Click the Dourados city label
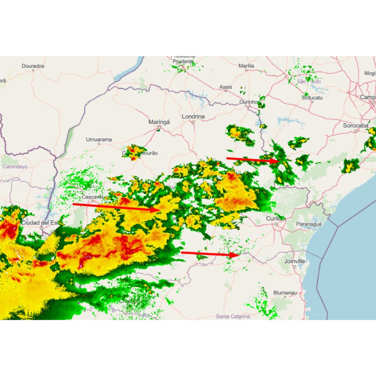tap(33, 66)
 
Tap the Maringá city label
tap(159, 122)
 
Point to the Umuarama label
tap(99, 140)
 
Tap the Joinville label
tap(294, 261)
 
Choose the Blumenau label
tap(285, 293)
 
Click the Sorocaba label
tap(355, 125)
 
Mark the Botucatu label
tap(313, 98)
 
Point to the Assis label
tap(225, 87)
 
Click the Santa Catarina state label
tap(233, 316)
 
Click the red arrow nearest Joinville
tap(210, 253)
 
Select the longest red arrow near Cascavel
tap(116, 207)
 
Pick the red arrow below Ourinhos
tap(252, 159)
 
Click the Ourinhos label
tap(250, 102)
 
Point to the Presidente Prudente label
tap(183, 59)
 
